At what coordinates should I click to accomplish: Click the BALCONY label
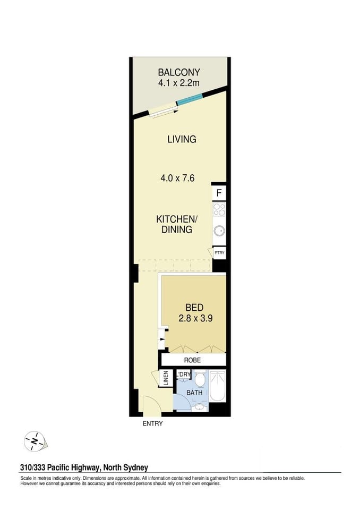pos(178,72)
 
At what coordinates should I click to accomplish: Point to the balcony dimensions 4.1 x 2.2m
pos(178,83)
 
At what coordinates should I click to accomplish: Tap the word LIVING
pos(182,139)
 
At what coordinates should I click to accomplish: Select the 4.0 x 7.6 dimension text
pos(177,178)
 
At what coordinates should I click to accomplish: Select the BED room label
pos(194,308)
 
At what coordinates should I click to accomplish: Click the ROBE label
pos(193,360)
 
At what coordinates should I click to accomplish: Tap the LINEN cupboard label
pos(166,378)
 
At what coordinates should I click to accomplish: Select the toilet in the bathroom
pos(200,379)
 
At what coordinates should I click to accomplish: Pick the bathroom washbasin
pos(200,407)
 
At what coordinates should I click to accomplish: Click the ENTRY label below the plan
pos(152,423)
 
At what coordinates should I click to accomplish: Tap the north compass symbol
pos(35,441)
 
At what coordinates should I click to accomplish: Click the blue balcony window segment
pos(190,100)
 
